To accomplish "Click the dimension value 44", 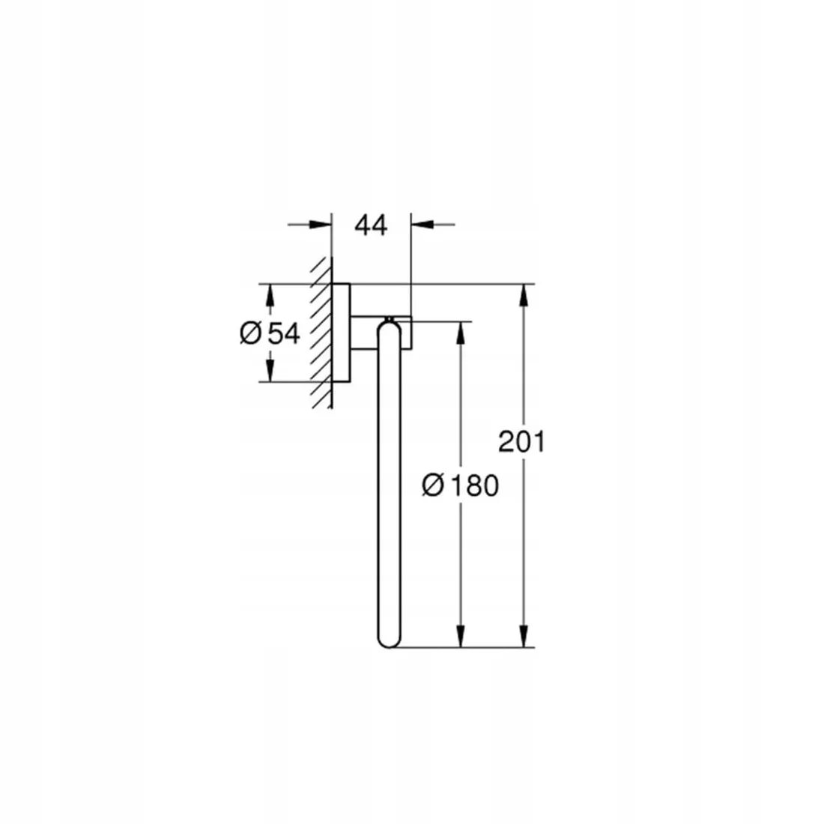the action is [371, 225].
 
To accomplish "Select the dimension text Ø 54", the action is [270, 333].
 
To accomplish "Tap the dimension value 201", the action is [521, 441].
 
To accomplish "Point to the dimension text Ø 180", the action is [460, 485].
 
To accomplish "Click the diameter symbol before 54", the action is [251, 333].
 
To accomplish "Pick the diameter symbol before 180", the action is [433, 485].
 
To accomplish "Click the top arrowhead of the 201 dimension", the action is [523, 295].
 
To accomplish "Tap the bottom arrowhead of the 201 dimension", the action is [523, 636].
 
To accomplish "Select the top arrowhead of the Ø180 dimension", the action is [461, 333].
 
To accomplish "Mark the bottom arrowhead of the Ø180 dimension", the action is [461, 636].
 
